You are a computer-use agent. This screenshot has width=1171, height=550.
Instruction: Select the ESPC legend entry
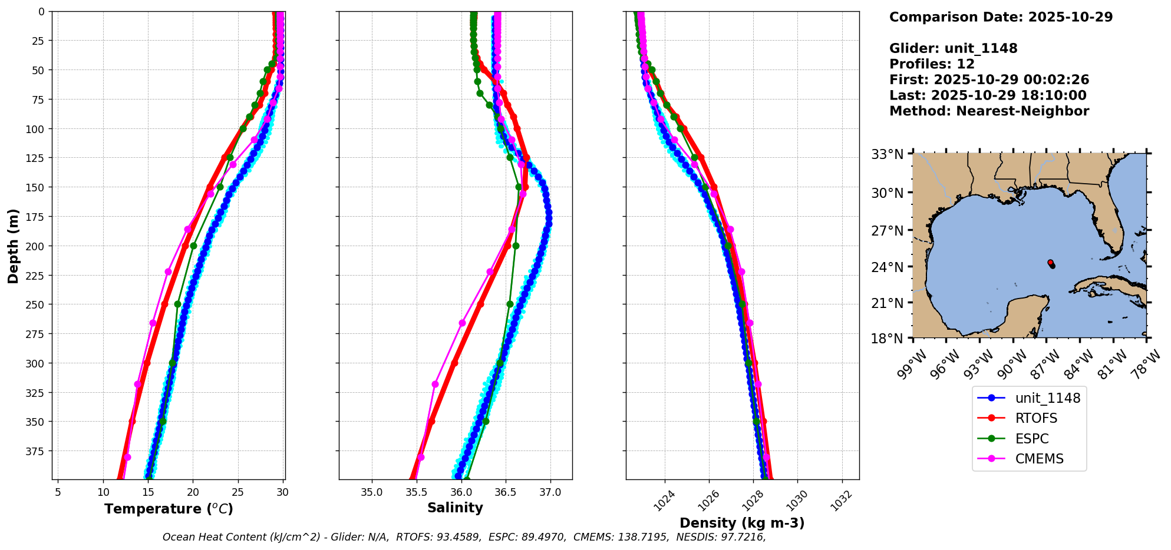coord(1031,439)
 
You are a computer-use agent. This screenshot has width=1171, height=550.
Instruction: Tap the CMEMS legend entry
coord(1039,459)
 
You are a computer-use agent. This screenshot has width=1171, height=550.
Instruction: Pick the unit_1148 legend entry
coord(1047,398)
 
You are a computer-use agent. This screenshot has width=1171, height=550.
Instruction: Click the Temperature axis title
coord(169,509)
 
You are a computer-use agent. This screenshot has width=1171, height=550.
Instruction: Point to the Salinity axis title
coord(455,508)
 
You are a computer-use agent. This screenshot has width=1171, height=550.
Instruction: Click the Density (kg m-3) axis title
coord(742,523)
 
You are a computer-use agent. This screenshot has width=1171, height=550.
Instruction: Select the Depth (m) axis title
coord(13,246)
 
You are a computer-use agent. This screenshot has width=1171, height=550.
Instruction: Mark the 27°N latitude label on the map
coord(887,230)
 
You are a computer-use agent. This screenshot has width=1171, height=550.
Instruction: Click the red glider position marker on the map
coord(1050,263)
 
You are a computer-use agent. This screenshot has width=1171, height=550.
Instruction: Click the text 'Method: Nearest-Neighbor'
coord(989,111)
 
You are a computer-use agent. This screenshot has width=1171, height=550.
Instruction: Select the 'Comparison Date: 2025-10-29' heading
coord(1001,17)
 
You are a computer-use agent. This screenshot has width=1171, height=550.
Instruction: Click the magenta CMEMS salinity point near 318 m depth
coord(436,384)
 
